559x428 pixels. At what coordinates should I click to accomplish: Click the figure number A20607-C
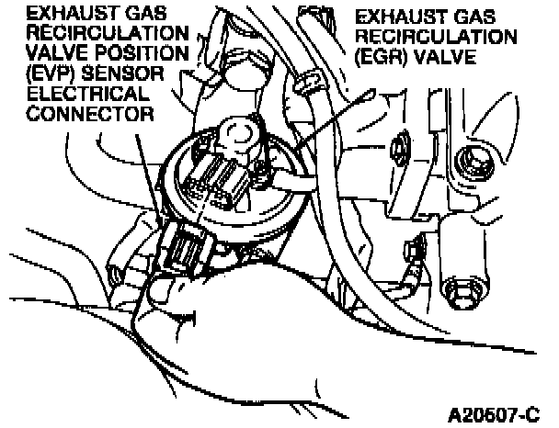[496, 411]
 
